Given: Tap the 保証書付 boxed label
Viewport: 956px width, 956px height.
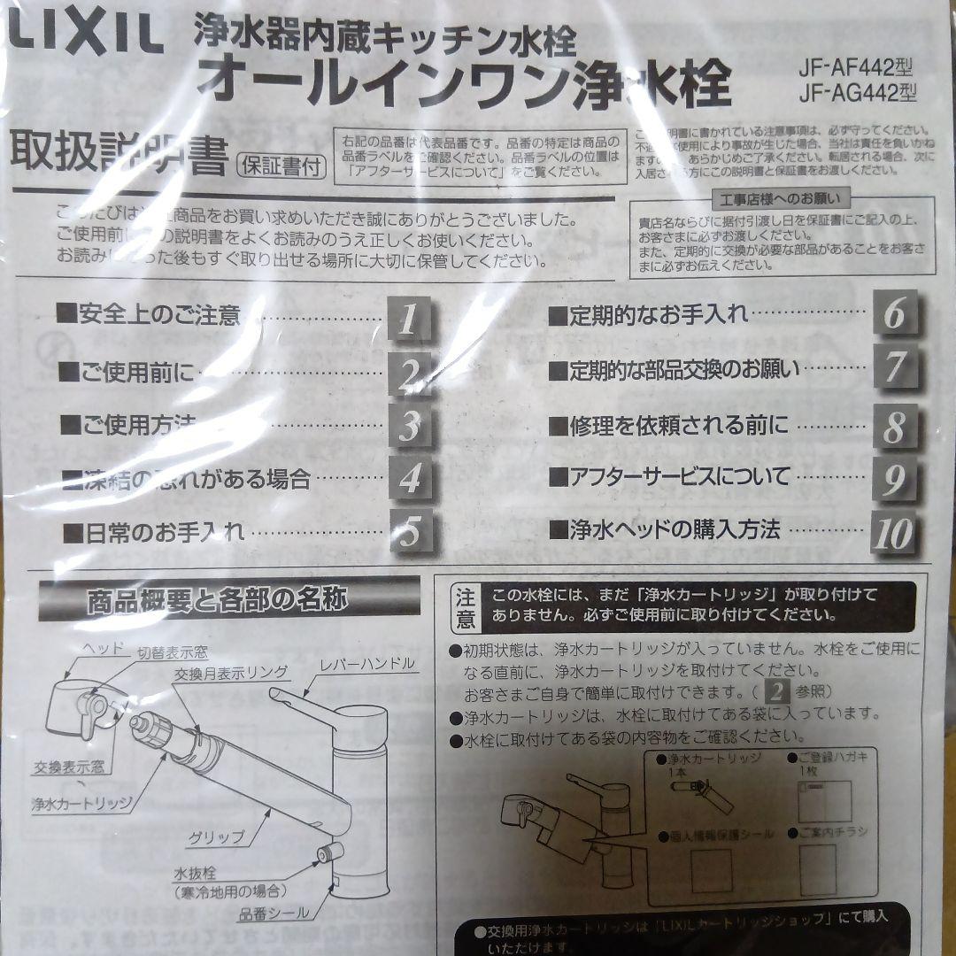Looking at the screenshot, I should [281, 164].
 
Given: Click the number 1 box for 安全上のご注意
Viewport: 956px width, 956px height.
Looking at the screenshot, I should [408, 318].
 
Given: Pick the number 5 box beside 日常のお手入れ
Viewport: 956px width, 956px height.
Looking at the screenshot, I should [408, 531].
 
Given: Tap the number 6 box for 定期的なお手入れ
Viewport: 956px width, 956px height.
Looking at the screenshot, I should [894, 314].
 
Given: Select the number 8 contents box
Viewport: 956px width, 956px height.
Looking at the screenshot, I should [894, 427].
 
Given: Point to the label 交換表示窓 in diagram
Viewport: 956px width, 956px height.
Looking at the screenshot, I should [69, 766].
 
